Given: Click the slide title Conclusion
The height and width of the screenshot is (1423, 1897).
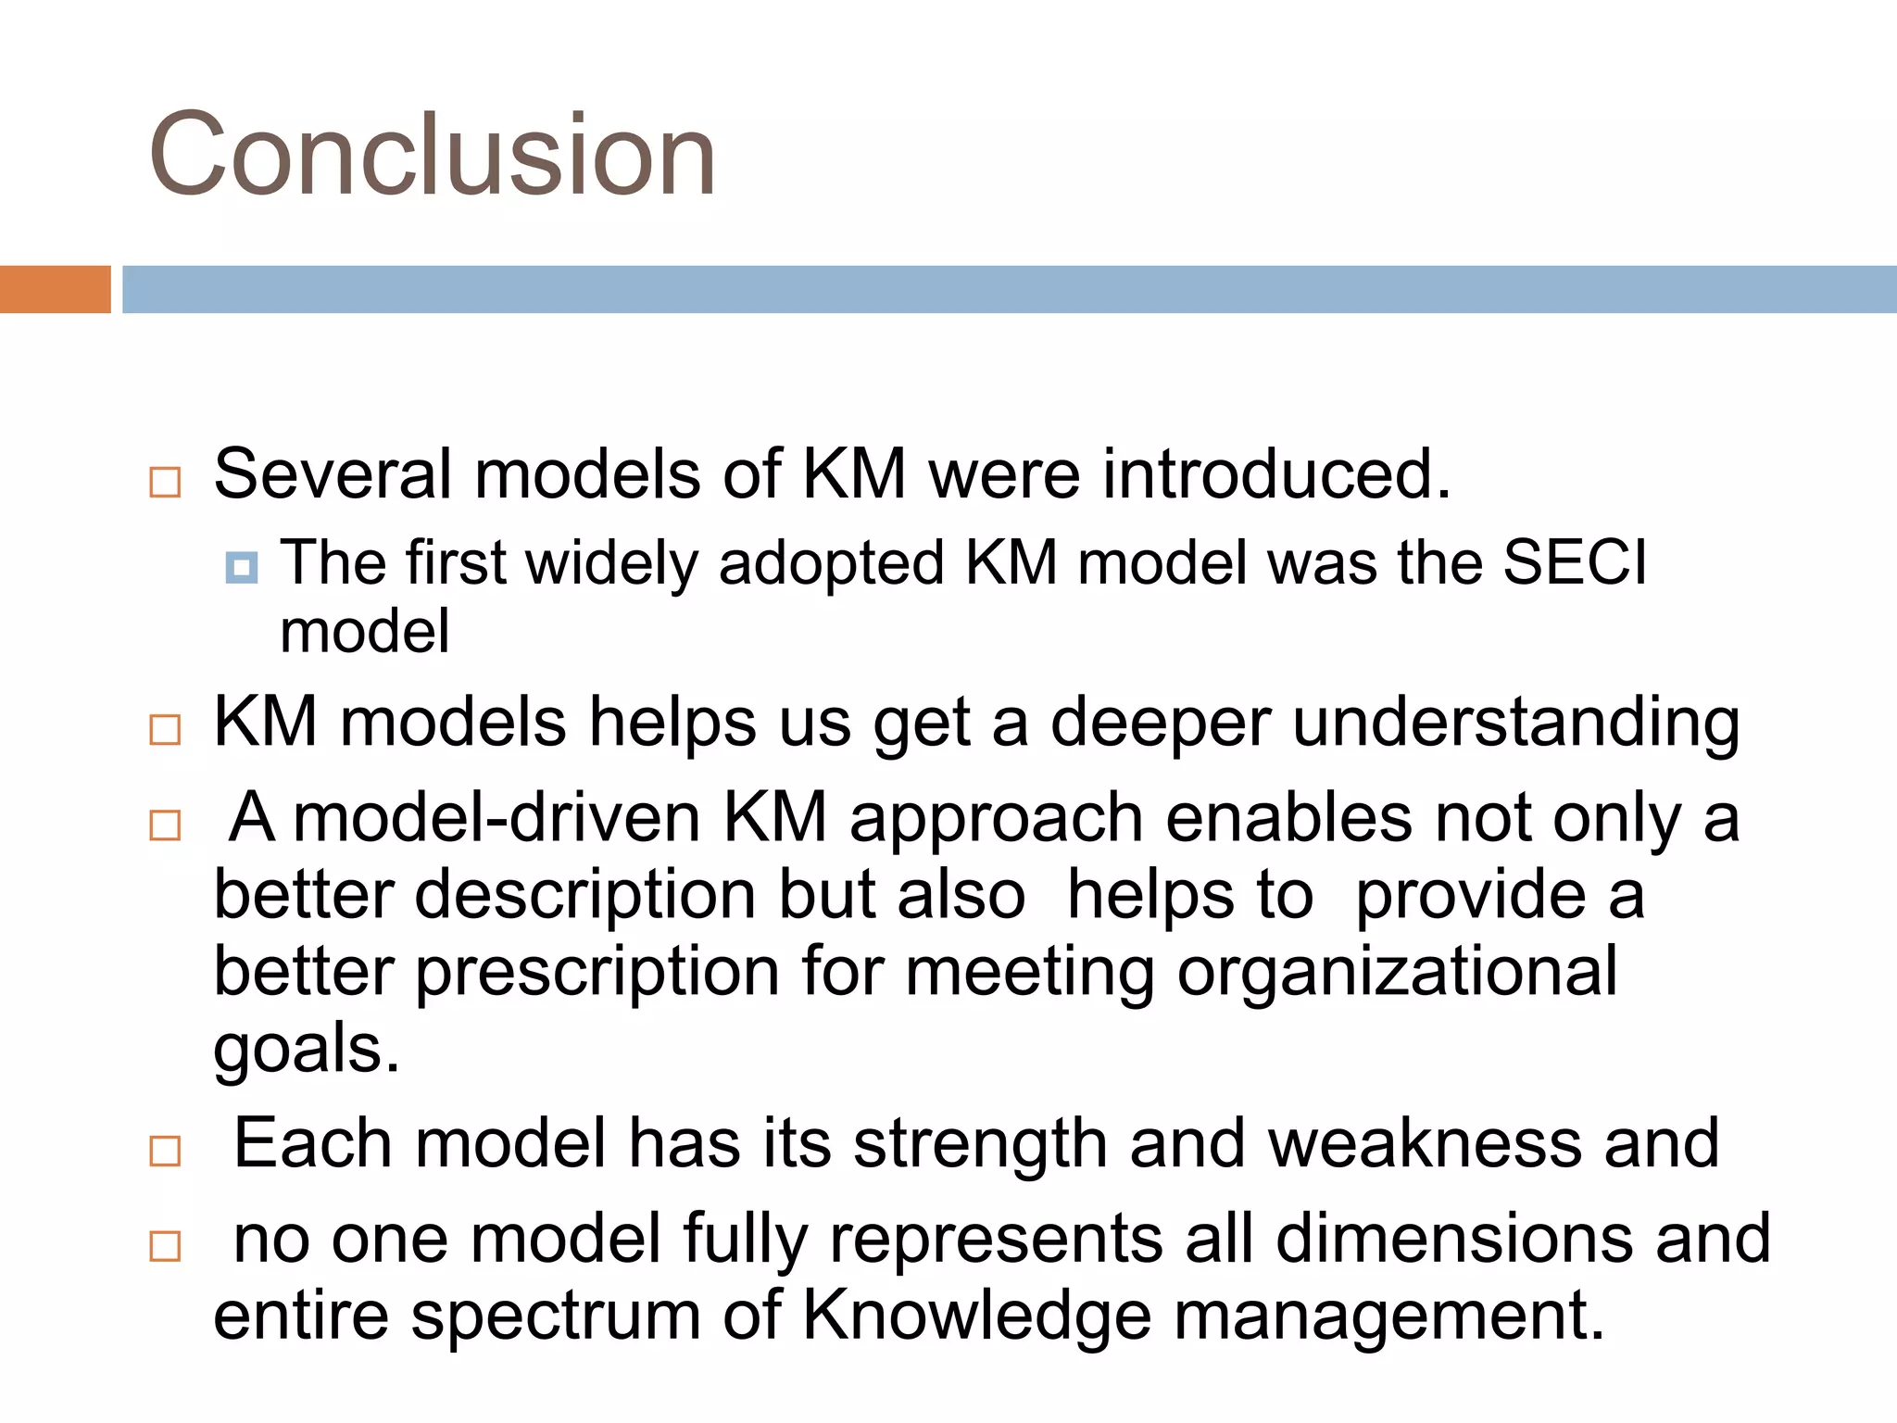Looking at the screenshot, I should [432, 154].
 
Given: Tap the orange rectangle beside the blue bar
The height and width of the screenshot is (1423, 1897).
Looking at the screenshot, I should [55, 289].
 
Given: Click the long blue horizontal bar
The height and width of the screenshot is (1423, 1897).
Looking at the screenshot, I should [1008, 289].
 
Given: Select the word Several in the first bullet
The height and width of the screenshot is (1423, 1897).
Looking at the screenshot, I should [332, 474].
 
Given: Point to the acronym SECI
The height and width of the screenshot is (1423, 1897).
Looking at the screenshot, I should [1575, 562].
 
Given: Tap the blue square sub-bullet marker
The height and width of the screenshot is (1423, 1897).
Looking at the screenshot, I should [242, 567].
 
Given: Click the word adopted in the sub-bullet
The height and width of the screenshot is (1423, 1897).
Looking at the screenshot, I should [831, 564].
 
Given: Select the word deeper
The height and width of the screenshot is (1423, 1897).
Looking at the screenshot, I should [1160, 724].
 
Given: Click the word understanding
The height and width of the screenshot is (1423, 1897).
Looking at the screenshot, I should [1515, 724].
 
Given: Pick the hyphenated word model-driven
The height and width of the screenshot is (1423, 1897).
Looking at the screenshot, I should [496, 818].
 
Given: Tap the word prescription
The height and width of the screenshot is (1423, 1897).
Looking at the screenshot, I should [597, 973].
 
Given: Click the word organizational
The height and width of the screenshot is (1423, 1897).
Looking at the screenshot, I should [1397, 973].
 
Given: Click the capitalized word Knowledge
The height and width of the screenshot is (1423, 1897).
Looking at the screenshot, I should [976, 1316].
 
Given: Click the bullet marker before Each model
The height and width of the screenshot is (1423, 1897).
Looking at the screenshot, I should [165, 1151].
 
